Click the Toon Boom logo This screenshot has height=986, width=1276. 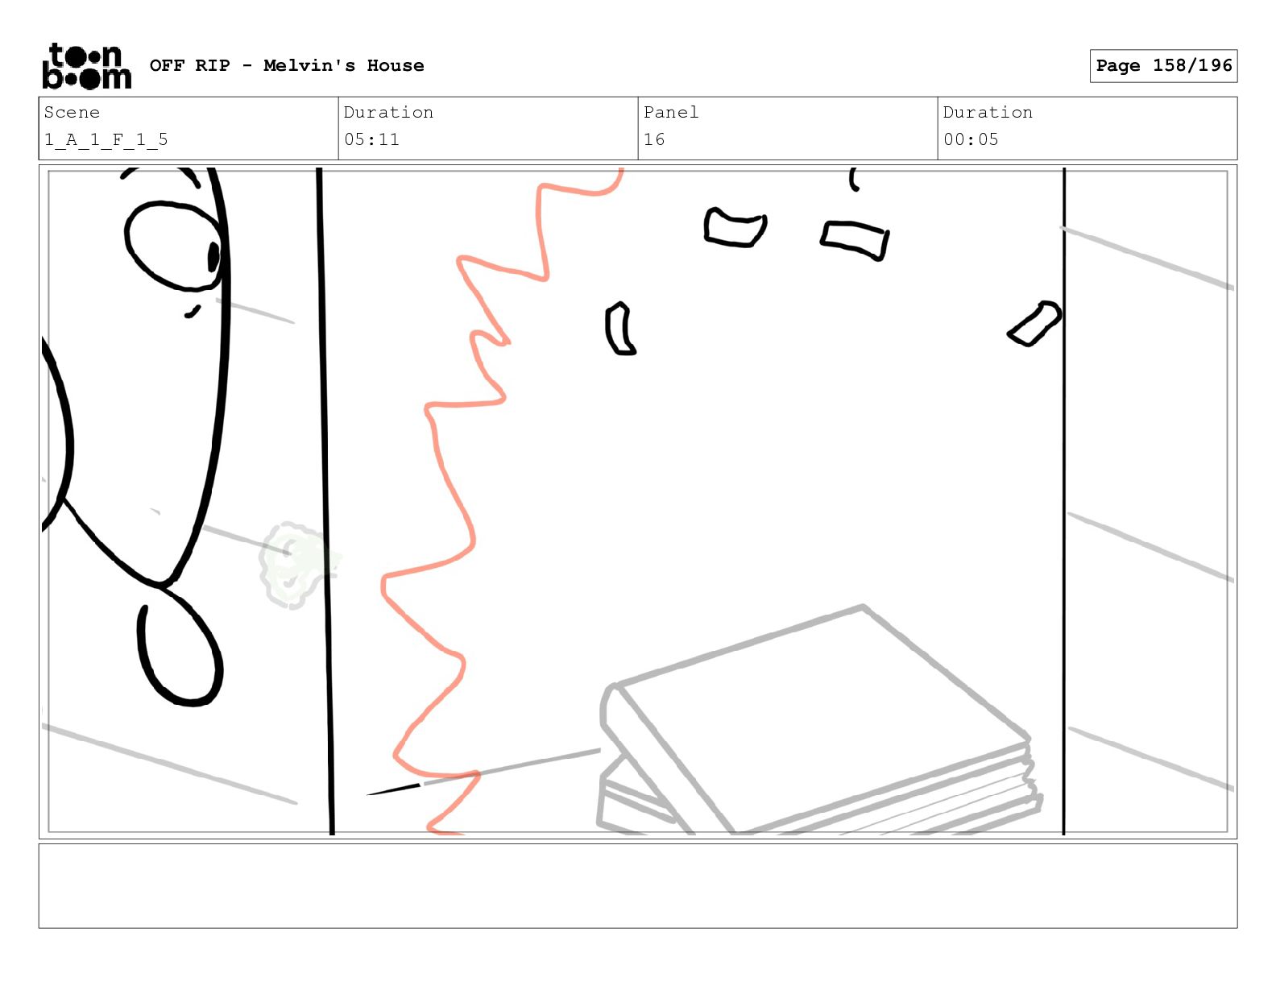tap(87, 66)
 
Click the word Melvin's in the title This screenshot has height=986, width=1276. tap(309, 65)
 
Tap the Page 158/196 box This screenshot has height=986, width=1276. tap(1163, 66)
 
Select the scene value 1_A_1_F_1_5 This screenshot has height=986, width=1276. tap(106, 140)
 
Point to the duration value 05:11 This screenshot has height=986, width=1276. tap(371, 140)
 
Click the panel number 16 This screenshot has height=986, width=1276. tap(654, 140)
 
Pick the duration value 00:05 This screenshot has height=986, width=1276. tap(971, 140)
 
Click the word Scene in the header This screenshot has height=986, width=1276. tap(72, 112)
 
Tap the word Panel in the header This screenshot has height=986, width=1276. tap(670, 112)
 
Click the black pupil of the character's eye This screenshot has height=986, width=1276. tap(213, 257)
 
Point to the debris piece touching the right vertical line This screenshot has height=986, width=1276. tap(1034, 324)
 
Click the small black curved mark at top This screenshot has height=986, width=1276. tap(852, 180)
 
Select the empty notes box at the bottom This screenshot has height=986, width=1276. tap(638, 886)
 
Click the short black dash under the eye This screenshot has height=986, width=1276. tap(193, 312)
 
